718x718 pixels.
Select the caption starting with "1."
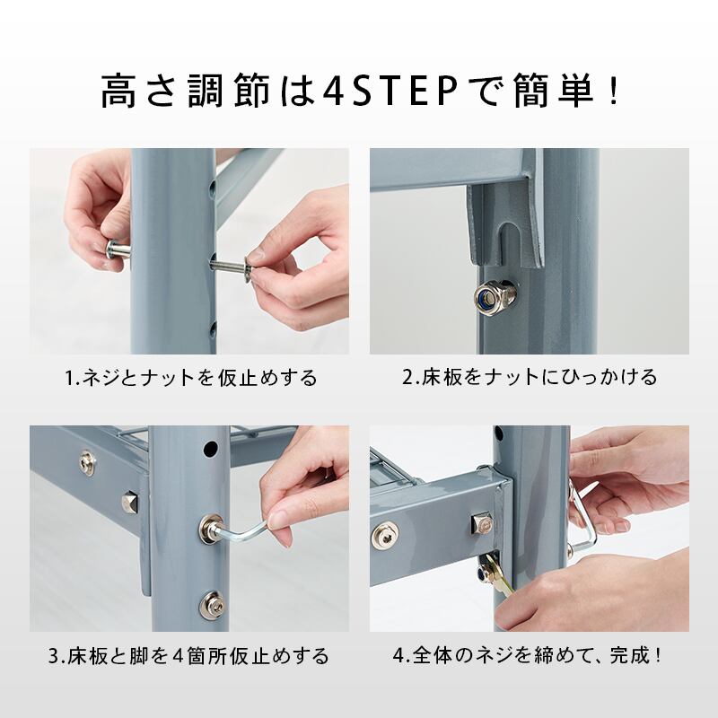tap(191, 377)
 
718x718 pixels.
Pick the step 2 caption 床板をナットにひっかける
tap(530, 377)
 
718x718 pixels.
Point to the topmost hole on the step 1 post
tap(212, 190)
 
